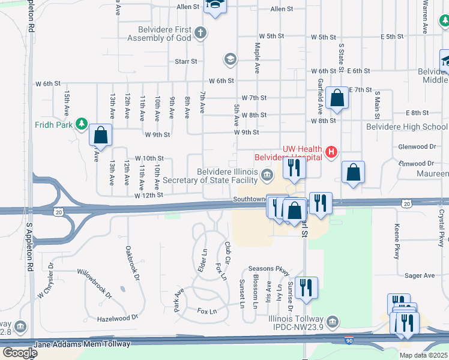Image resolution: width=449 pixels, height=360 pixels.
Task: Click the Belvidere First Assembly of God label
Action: point(160,34)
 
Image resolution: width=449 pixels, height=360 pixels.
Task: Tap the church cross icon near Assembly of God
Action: point(200,32)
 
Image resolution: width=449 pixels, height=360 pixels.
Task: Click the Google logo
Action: point(20,352)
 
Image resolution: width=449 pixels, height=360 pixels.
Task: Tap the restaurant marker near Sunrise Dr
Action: point(306,288)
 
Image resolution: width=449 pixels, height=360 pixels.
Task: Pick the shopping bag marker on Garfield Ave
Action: point(337,98)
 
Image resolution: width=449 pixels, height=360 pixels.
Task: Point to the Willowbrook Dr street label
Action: point(94,283)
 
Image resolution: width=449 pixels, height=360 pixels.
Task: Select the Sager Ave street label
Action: point(420,275)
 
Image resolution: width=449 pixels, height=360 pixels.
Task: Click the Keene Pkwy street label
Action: point(397,242)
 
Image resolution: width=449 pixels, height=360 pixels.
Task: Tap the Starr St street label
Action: point(186,61)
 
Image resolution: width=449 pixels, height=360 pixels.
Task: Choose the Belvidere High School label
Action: point(406,127)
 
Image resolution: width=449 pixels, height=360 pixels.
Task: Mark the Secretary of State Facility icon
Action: point(267,175)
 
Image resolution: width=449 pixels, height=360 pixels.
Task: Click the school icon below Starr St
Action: point(229,59)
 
